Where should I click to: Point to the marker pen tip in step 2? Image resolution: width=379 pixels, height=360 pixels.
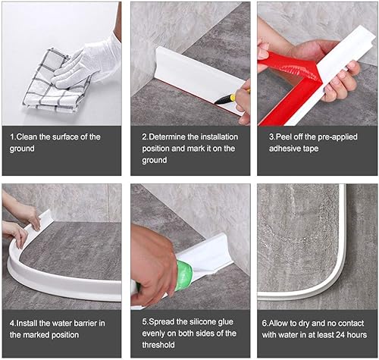tap(216, 102)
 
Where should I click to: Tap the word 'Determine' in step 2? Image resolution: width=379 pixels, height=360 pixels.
tap(168, 137)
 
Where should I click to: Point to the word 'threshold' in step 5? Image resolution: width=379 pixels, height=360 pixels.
tap(158, 345)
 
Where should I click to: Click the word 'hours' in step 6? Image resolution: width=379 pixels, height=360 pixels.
tap(357, 335)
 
